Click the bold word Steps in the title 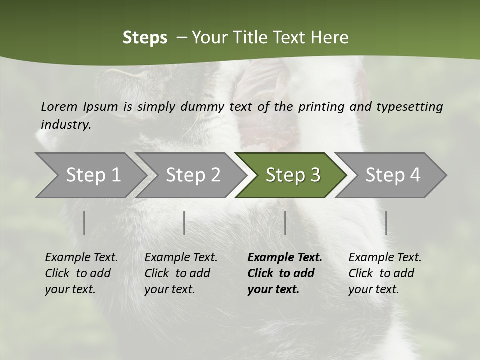click(x=145, y=38)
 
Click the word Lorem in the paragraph click(x=59, y=106)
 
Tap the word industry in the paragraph click(x=66, y=124)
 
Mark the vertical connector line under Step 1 click(x=84, y=223)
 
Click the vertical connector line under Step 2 click(x=184, y=223)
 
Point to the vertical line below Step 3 click(x=285, y=223)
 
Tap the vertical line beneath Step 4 click(x=386, y=223)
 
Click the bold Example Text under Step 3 click(x=285, y=257)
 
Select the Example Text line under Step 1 click(x=81, y=257)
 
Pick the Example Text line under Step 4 click(x=385, y=257)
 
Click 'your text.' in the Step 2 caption click(x=170, y=289)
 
